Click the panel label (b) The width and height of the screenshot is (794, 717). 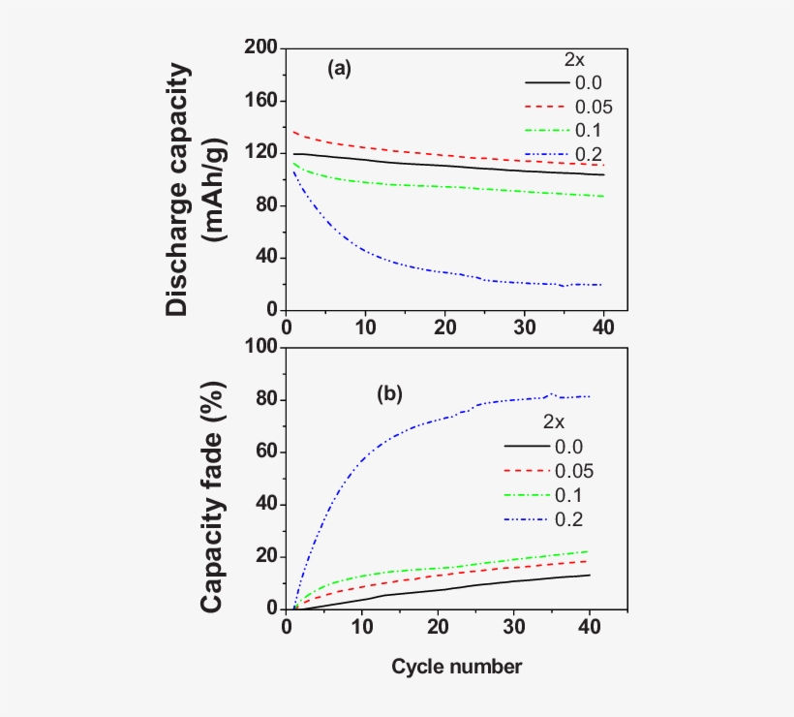coord(389,394)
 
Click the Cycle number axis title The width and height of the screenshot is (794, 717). coord(457,667)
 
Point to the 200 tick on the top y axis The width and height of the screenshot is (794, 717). coord(262,48)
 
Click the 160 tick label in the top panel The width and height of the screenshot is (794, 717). coord(262,101)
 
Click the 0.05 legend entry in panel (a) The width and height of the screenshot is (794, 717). coord(594,107)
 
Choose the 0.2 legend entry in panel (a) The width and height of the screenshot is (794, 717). coord(586,154)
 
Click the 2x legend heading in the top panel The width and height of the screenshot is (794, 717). coord(575,59)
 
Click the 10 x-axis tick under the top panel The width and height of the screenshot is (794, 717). coord(365,327)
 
